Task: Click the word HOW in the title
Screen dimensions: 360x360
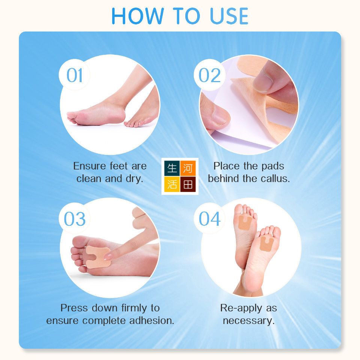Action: [137, 16]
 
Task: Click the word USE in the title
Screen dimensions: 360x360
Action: [229, 16]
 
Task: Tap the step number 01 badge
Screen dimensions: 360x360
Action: [74, 75]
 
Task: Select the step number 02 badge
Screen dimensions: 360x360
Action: [209, 75]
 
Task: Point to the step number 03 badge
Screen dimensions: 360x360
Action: [74, 219]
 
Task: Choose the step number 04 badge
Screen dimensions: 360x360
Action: [209, 219]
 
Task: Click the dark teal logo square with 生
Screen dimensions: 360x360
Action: [172, 168]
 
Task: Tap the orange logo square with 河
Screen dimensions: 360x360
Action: [188, 168]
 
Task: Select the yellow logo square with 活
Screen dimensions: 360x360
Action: [172, 184]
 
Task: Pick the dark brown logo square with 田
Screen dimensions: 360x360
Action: [188, 184]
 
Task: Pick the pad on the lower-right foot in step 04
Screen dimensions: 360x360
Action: [267, 243]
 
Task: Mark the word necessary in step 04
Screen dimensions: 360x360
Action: [249, 321]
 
